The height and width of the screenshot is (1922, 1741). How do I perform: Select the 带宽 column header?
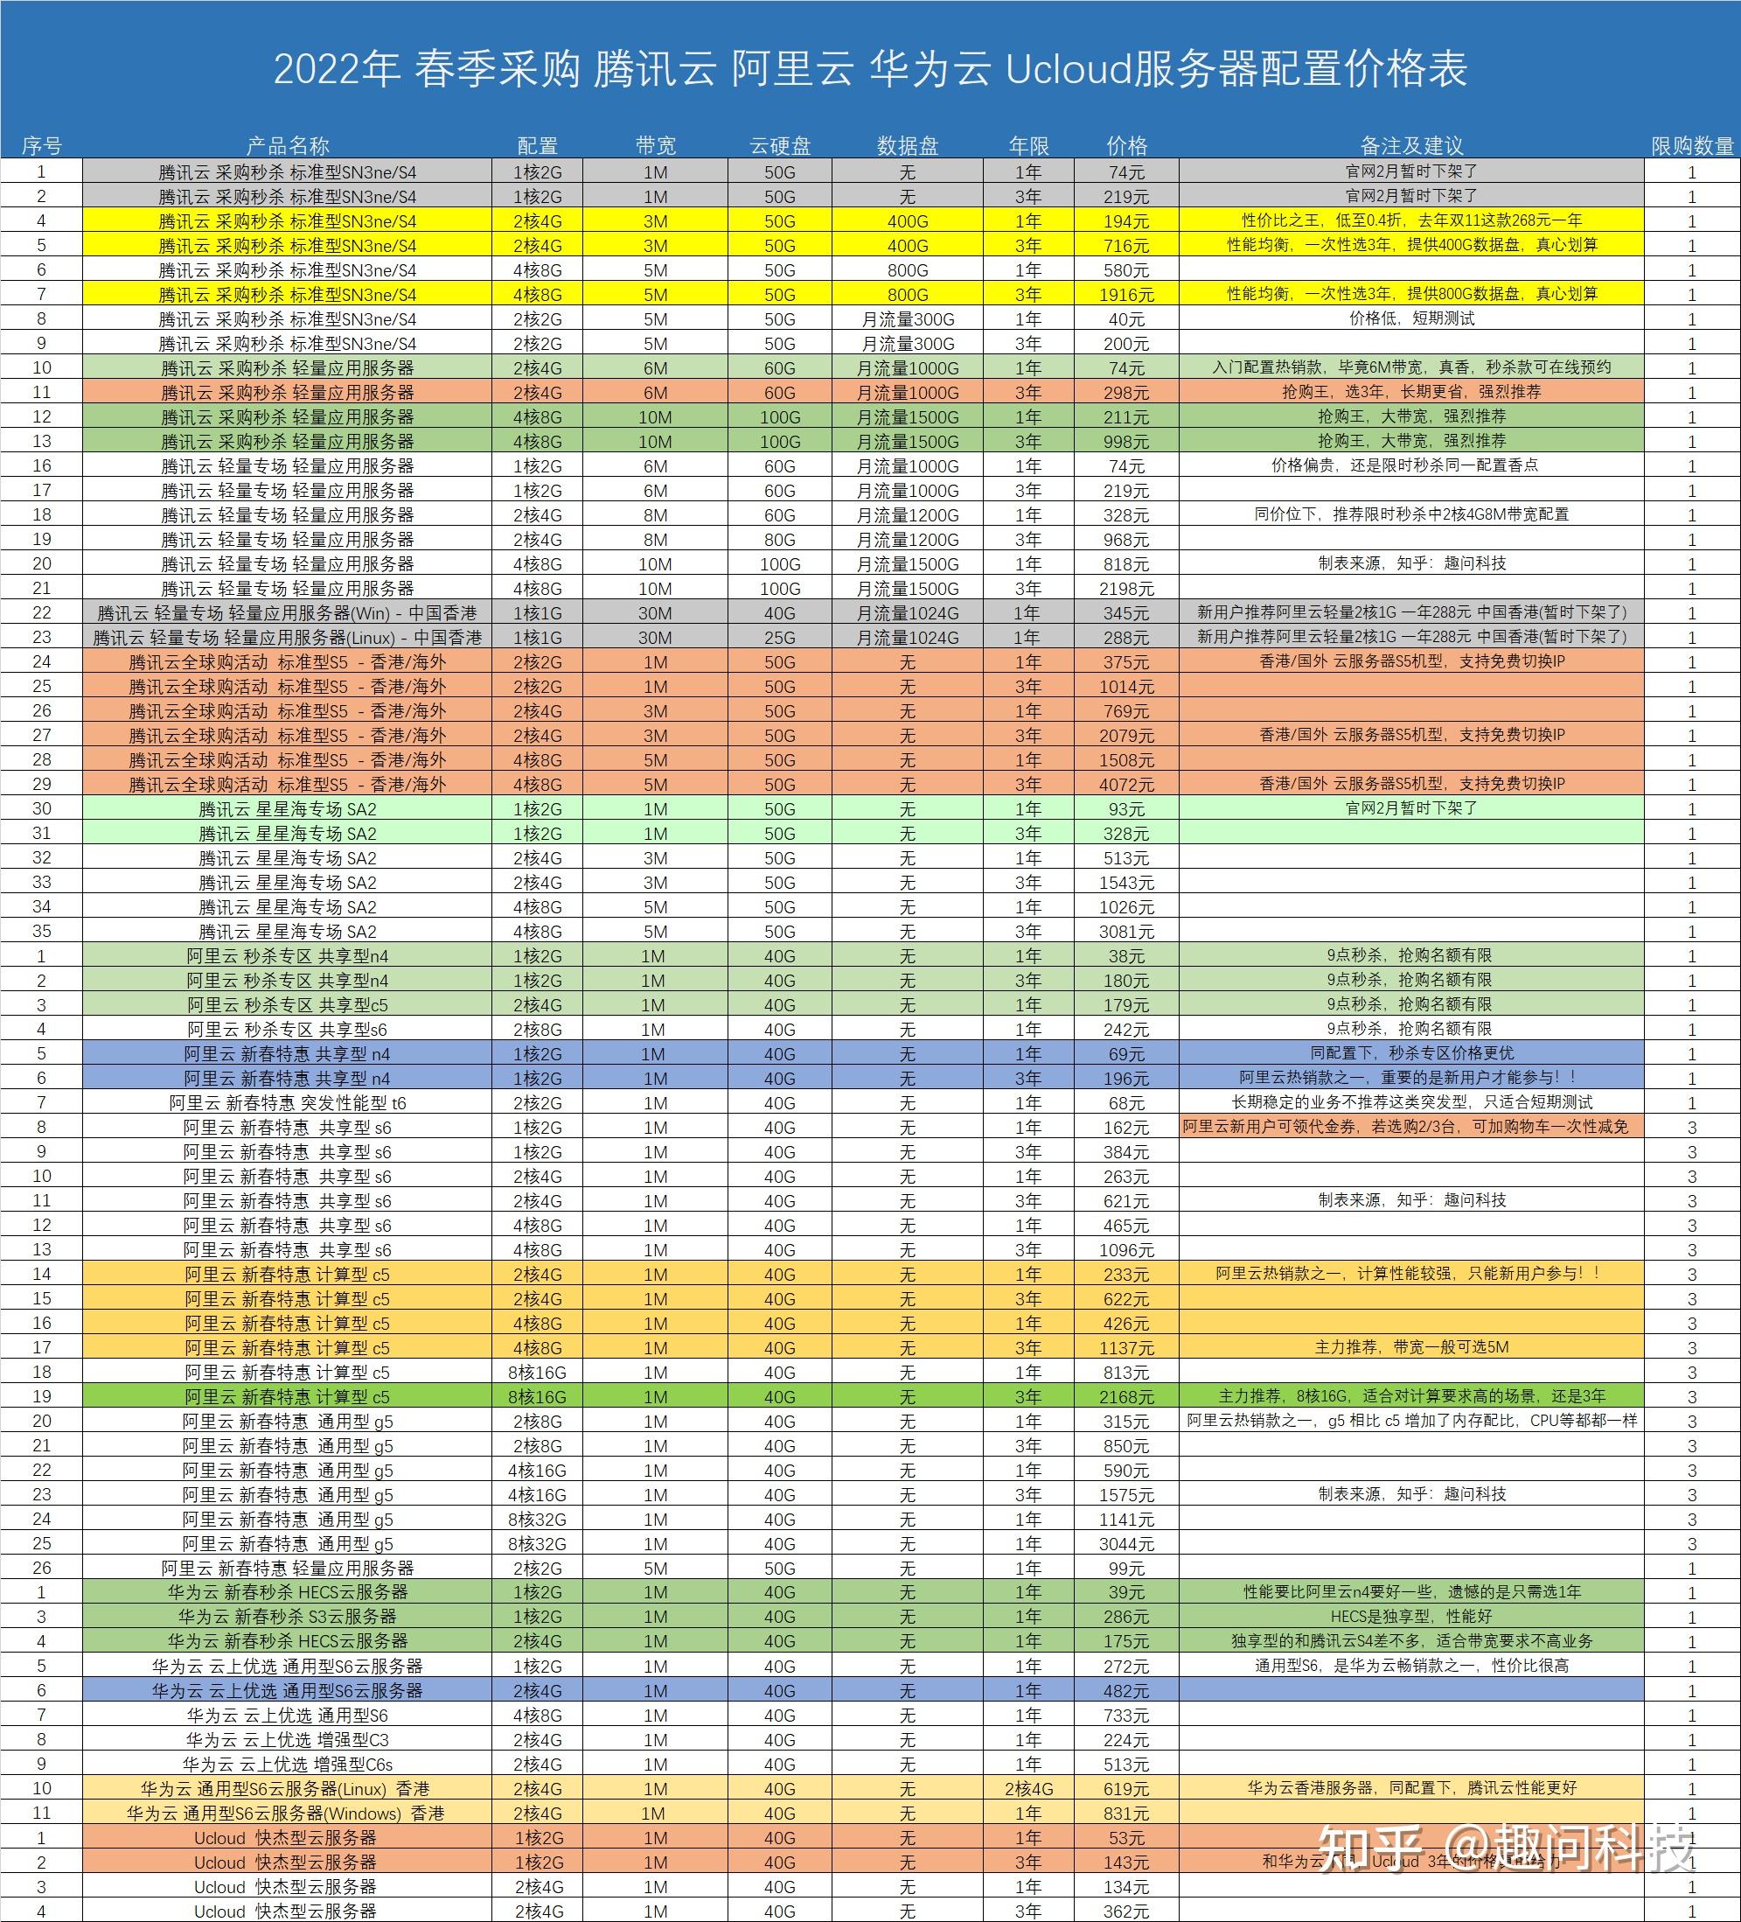click(x=656, y=146)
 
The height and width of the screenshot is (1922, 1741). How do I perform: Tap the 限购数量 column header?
click(x=1692, y=146)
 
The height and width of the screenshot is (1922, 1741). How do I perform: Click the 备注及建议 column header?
click(x=1411, y=146)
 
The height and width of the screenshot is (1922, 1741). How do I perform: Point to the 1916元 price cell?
click(x=1126, y=295)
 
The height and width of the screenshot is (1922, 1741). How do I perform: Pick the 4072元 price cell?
click(x=1126, y=785)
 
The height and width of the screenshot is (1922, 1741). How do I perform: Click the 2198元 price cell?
click(x=1126, y=588)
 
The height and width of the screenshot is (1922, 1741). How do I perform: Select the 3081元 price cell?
click(x=1126, y=932)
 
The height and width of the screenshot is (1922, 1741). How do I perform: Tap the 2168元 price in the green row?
click(x=1126, y=1397)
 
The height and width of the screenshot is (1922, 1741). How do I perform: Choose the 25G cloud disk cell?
click(x=779, y=637)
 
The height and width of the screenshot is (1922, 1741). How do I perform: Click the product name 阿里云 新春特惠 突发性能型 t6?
click(x=288, y=1103)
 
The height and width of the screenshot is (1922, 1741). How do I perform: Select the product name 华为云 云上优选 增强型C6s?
click(x=288, y=1765)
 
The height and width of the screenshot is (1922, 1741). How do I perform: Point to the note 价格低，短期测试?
click(x=1411, y=318)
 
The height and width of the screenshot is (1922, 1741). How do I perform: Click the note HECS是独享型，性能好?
click(x=1411, y=1617)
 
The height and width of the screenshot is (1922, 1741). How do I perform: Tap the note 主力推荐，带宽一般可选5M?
click(x=1411, y=1347)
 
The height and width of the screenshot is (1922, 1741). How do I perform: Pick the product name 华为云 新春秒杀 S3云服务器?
click(x=288, y=1617)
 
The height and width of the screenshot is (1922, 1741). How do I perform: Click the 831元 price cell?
click(x=1126, y=1814)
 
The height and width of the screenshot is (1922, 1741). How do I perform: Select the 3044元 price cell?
click(x=1126, y=1543)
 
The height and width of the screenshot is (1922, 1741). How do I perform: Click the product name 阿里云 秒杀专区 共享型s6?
click(x=288, y=1030)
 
